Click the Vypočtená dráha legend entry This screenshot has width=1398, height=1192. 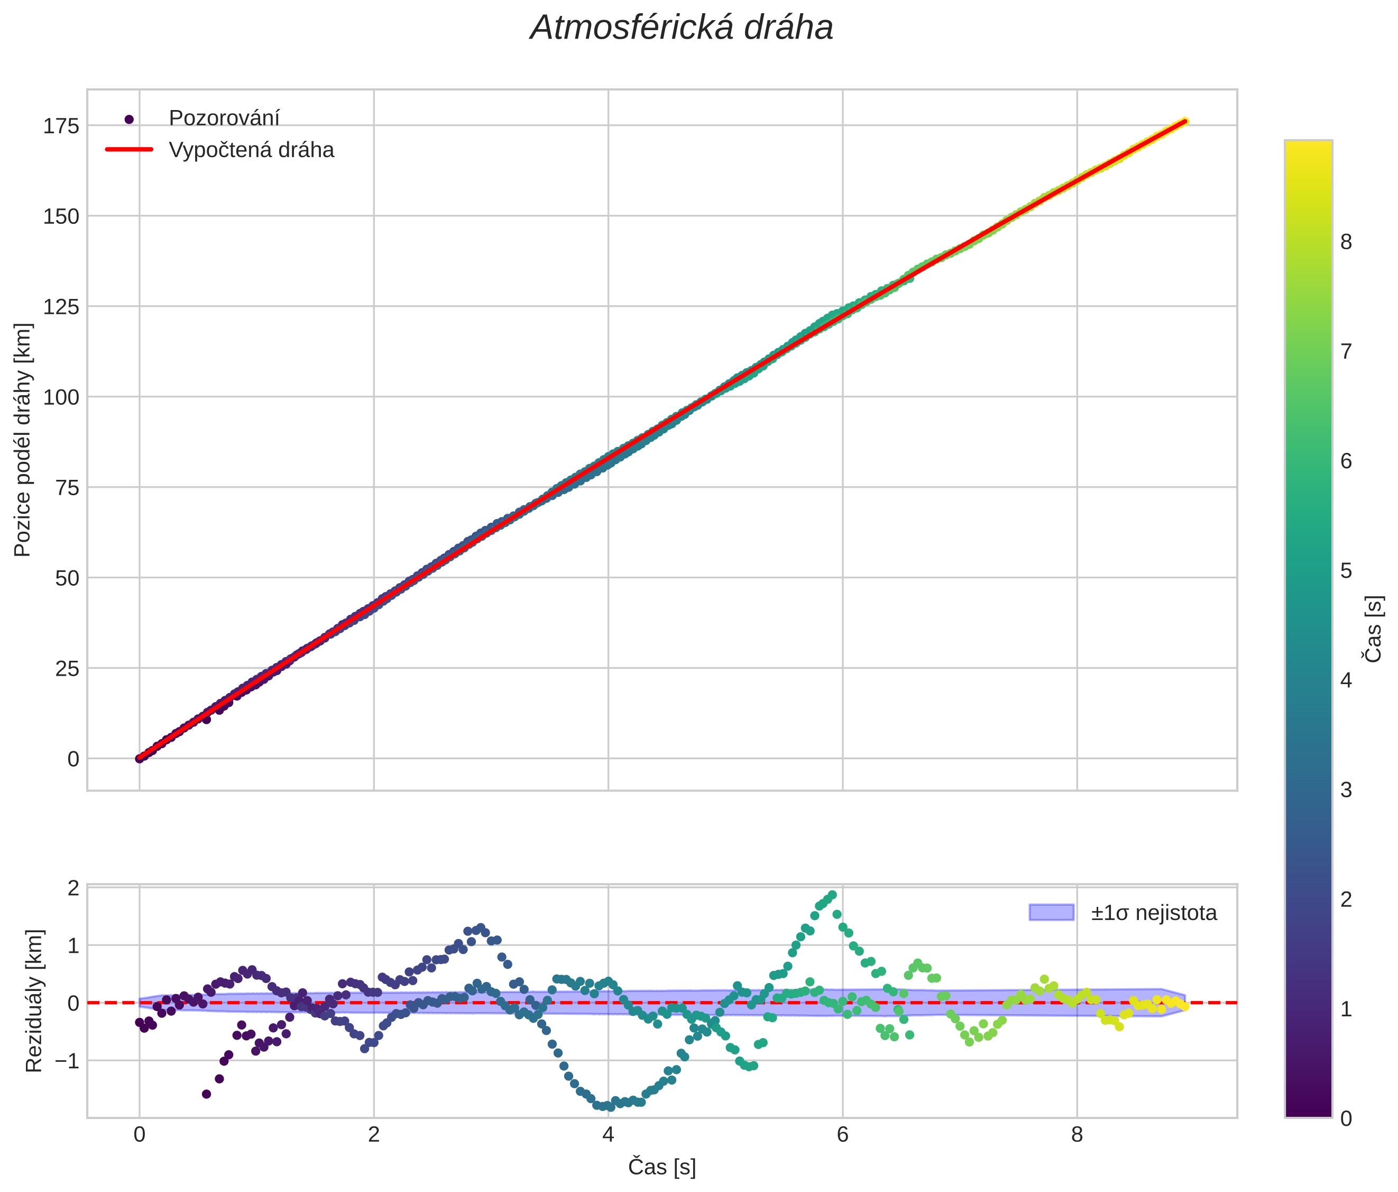pyautogui.click(x=251, y=150)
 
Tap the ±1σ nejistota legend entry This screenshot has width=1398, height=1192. pyautogui.click(x=1153, y=913)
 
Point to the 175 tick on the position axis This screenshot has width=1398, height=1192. pyautogui.click(x=61, y=126)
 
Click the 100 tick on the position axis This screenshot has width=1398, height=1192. pyautogui.click(x=61, y=397)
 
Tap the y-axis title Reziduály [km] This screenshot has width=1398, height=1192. pyautogui.click(x=34, y=1001)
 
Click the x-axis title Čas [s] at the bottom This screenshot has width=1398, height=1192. pyautogui.click(x=662, y=1167)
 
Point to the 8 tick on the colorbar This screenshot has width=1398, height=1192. pyautogui.click(x=1346, y=242)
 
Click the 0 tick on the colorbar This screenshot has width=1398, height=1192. pyautogui.click(x=1346, y=1118)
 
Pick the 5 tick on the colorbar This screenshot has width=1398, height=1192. pyautogui.click(x=1346, y=571)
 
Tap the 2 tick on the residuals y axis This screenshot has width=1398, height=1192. pyautogui.click(x=73, y=887)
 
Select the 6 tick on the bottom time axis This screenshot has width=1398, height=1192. pyautogui.click(x=842, y=1135)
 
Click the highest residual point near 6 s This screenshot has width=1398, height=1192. pyautogui.click(x=833, y=895)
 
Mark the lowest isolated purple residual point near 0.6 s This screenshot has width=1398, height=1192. pyautogui.click(x=206, y=1094)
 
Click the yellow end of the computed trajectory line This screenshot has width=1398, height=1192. pyautogui.click(x=1184, y=122)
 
